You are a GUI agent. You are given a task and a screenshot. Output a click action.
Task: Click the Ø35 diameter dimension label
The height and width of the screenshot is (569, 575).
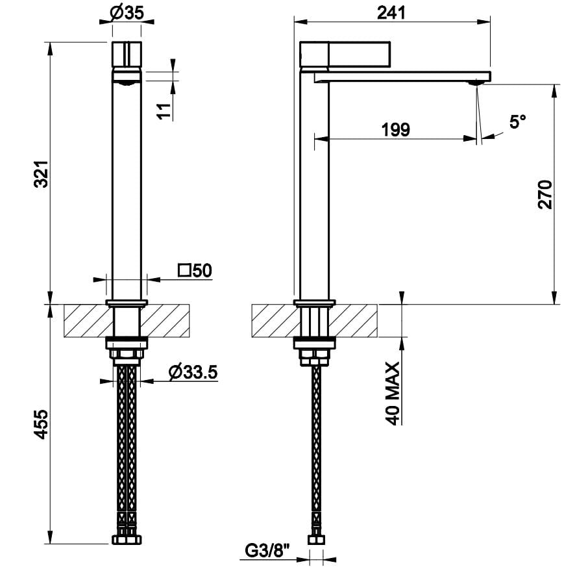coord(127,13)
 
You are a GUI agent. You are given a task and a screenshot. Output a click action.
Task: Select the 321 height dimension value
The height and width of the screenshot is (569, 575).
coord(41,174)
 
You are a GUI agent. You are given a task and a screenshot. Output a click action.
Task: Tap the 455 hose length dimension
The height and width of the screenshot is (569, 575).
coord(41,425)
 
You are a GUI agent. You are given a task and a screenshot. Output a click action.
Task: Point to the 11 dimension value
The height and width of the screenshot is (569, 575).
coord(165,111)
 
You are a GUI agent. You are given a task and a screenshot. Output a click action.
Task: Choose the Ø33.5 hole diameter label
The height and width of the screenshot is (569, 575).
coord(193,372)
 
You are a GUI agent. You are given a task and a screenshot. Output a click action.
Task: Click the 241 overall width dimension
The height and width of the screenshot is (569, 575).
coord(391,13)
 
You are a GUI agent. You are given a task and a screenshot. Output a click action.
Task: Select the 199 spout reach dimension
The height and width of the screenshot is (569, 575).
coord(396,130)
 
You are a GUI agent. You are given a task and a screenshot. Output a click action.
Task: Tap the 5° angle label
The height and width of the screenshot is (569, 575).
coord(517,121)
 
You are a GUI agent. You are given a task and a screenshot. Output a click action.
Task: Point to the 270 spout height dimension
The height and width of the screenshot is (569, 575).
coord(545,195)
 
